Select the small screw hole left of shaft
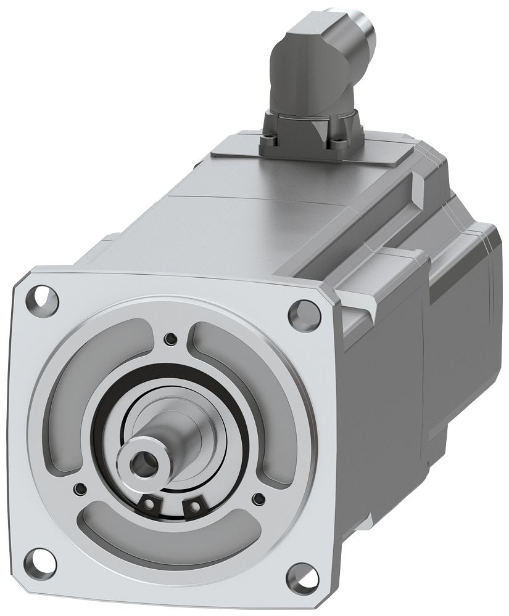78,489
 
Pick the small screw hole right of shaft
259,497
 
